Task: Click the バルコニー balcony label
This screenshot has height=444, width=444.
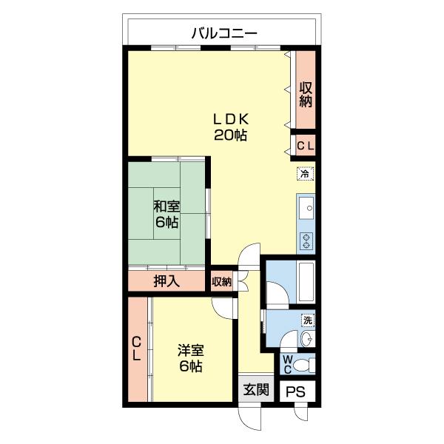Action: tap(224, 33)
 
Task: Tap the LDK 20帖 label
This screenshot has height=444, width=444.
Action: tap(230, 127)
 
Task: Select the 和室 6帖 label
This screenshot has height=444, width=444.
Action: tap(166, 214)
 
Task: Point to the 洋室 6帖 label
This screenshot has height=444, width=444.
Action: tap(191, 358)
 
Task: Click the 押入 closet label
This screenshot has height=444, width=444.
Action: tap(166, 281)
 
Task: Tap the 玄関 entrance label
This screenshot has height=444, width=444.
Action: tap(256, 390)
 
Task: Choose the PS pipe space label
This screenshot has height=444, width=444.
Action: tap(295, 392)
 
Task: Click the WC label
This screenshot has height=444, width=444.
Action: tap(287, 365)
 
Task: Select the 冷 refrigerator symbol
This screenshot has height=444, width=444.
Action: tap(305, 174)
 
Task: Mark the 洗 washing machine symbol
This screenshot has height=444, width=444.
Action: tap(308, 320)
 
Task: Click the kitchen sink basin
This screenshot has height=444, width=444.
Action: tap(306, 208)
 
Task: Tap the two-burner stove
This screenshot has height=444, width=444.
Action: tap(306, 240)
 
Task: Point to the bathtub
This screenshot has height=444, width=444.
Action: tap(306, 281)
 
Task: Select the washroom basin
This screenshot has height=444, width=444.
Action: tap(307, 338)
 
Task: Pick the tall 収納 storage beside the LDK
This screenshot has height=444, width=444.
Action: tap(306, 90)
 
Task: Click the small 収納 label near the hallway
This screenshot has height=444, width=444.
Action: tap(222, 281)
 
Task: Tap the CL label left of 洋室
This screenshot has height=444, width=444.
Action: tap(136, 349)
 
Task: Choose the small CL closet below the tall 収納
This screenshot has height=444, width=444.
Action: tap(306, 146)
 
